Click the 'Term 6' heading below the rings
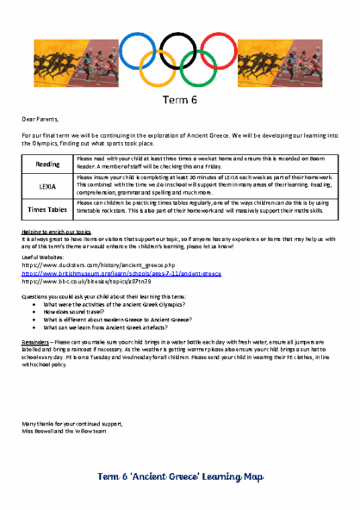pyautogui.click(x=180, y=100)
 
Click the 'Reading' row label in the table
pyautogui.click(x=47, y=164)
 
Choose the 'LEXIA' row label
pyautogui.click(x=47, y=185)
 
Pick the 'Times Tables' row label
pyautogui.click(x=47, y=208)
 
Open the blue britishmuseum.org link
pyautogui.click(x=121, y=273)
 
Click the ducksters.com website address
pyautogui.click(x=98, y=265)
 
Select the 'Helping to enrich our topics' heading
pyautogui.click(x=56, y=233)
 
